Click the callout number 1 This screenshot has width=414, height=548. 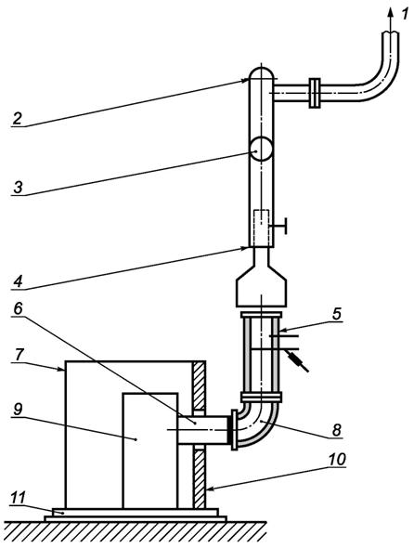(x=404, y=14)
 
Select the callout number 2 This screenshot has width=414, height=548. (x=17, y=119)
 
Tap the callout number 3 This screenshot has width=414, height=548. (x=18, y=188)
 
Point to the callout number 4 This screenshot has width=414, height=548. (x=18, y=281)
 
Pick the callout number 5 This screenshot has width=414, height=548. (x=336, y=314)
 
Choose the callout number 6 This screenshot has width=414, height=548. (x=18, y=307)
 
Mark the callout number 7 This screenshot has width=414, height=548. (x=18, y=356)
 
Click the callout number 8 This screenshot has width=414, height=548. (x=336, y=430)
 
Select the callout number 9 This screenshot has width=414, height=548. (x=18, y=410)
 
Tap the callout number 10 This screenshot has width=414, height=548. (x=336, y=459)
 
